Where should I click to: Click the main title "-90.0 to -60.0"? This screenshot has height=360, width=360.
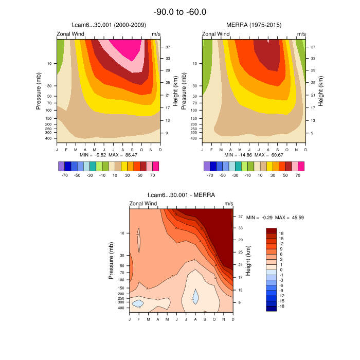point(180,12)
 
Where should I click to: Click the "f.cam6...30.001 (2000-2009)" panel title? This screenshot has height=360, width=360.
point(109,25)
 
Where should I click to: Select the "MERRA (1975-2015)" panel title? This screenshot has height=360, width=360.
point(254,25)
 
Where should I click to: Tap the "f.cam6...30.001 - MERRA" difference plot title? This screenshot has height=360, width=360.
point(181,195)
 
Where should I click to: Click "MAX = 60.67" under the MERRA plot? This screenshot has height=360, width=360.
point(269,154)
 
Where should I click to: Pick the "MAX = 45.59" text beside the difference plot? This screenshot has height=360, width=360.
point(290,218)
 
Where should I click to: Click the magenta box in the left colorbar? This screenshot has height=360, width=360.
point(155,166)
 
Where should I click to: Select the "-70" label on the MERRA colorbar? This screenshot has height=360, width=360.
point(210,175)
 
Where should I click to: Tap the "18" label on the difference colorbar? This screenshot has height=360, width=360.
point(281,233)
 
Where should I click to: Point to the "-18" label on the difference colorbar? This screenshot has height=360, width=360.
point(282,306)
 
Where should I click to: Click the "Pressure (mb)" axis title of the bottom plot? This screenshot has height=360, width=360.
point(112,261)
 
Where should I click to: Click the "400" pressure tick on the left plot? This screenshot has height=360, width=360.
point(49,138)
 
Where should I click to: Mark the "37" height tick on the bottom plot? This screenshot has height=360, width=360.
point(241,217)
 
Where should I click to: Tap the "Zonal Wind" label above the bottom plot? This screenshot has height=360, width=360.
point(143,204)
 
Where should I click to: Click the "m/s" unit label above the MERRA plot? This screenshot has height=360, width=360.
point(301,34)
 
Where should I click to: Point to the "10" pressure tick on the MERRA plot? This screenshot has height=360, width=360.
point(195,63)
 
